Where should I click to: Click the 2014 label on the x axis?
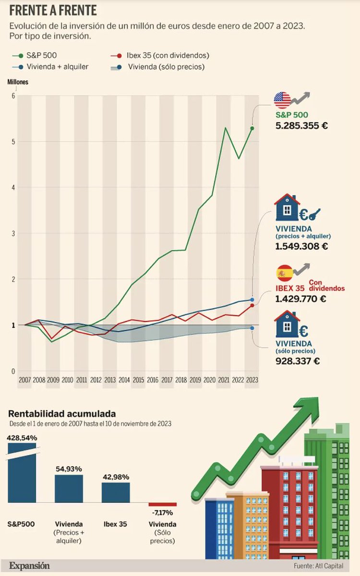pyautogui.click(x=124, y=379)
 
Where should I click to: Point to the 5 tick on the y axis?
pyautogui.click(x=13, y=142)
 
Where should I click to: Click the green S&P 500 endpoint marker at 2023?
pyautogui.click(x=252, y=128)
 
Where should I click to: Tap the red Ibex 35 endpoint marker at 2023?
pyautogui.click(x=252, y=305)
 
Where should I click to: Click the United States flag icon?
pyautogui.click(x=283, y=100)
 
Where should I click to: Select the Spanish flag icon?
pyautogui.click(x=284, y=274)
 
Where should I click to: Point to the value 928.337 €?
pyautogui.click(x=298, y=361)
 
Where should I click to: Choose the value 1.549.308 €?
pyautogui.click(x=301, y=246)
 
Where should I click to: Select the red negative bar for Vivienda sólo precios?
pyautogui.click(x=162, y=504)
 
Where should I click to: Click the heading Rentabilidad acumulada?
pyautogui.click(x=62, y=414)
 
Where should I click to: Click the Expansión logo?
pyautogui.click(x=29, y=565)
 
